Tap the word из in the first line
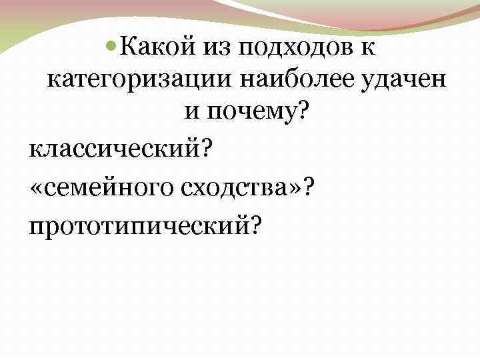pyautogui.click(x=216, y=48)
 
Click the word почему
pyautogui.click(x=251, y=114)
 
